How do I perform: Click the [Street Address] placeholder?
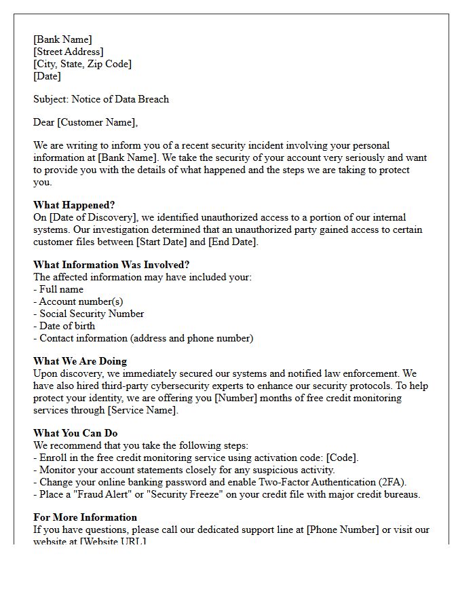coord(69,52)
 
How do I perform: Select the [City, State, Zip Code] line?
coord(83,64)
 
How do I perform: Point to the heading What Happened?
coord(74,205)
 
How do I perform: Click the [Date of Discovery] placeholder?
coord(91,217)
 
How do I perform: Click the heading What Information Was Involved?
coord(111,265)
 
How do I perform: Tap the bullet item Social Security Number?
coord(92,314)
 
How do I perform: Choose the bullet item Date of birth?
coord(67,326)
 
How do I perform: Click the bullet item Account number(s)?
coord(81,301)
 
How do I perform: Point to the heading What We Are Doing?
coord(80,361)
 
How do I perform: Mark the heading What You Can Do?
coord(75,433)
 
